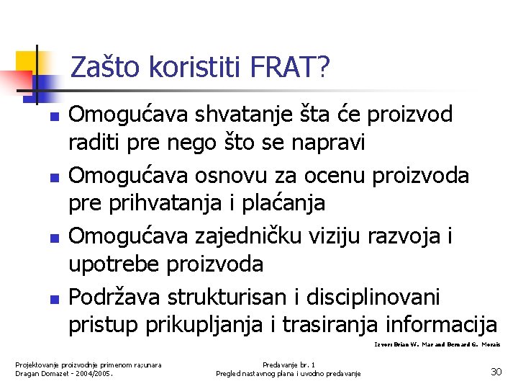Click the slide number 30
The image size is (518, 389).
[x=496, y=372]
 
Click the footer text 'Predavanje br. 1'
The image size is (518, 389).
[x=288, y=365]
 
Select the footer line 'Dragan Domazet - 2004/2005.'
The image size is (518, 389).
[x=65, y=373]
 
